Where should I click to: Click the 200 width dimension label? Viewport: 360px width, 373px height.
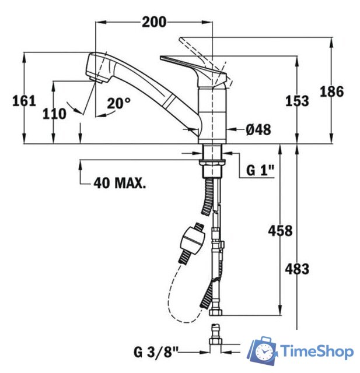pos(154,22)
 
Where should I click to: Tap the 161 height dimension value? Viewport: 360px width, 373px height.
pos(24,101)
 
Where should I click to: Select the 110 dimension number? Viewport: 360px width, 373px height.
pos(54,114)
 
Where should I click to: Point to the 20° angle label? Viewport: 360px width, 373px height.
pos(118,103)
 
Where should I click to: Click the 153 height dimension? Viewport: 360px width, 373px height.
pos(297,101)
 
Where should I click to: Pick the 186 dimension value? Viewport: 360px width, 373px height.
pos(331,92)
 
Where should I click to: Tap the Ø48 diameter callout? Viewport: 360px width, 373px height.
pos(258,129)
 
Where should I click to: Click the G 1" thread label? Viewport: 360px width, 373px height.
pos(260,170)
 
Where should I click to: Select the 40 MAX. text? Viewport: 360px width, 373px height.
pos(120,183)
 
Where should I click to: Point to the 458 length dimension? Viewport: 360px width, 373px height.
pos(280,231)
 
